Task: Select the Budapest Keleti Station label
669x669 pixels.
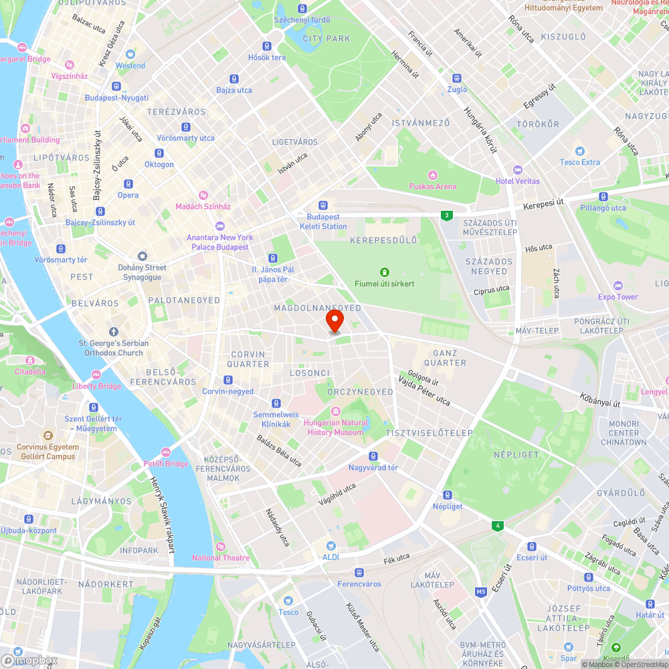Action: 326,221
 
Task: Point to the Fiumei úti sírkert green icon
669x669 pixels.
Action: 384,272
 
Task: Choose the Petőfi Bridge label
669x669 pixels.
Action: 165,464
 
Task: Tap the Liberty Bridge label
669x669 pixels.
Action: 96,386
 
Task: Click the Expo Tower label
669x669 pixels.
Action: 618,296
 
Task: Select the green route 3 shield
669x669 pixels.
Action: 446,215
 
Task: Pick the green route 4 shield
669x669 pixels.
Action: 498,526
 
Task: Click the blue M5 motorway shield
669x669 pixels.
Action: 481,591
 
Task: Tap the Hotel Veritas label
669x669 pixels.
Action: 518,181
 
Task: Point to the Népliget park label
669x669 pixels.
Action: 515,454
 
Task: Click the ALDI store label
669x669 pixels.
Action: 330,557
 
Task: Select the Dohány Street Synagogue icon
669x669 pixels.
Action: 142,256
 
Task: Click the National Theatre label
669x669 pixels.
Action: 221,557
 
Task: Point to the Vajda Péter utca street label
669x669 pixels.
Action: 424,391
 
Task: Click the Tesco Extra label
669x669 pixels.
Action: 579,162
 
